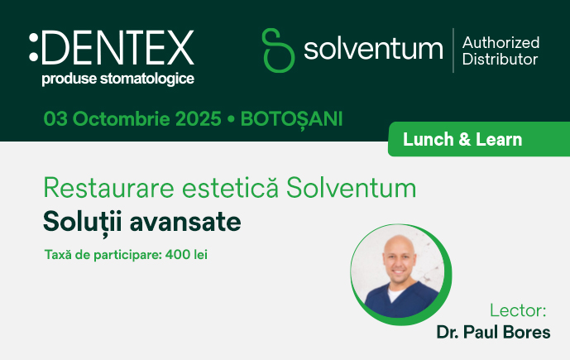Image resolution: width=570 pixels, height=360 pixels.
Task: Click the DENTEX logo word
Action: tap(117, 48)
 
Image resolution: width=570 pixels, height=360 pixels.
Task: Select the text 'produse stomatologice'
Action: tap(117, 79)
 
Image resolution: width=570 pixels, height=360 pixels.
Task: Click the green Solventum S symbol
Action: tap(278, 50)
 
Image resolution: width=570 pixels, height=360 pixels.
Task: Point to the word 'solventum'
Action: tap(373, 50)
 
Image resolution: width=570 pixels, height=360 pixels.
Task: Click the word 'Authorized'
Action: tap(501, 42)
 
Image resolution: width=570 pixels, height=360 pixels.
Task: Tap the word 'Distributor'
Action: tap(500, 60)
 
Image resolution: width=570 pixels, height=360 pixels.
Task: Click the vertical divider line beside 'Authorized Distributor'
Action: tap(453, 50)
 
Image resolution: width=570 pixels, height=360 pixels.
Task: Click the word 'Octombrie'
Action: tap(121, 118)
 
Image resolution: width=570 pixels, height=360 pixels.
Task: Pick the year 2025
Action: tap(199, 118)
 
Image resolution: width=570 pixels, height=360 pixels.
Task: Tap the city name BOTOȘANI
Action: tap(290, 118)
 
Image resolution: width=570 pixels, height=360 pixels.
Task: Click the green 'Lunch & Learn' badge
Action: tap(462, 140)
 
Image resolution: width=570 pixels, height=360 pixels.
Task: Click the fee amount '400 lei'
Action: tap(186, 254)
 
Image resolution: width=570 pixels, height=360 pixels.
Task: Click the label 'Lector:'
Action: tap(519, 311)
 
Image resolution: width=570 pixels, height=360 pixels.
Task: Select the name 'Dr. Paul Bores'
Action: tap(493, 333)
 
